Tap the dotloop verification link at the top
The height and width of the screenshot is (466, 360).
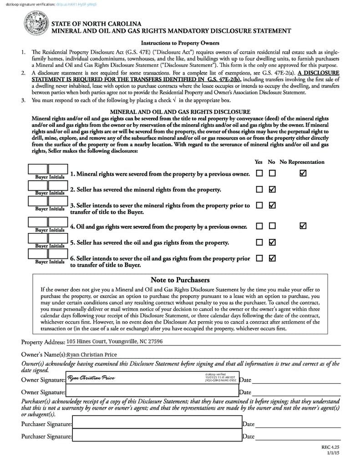(x=76, y=4)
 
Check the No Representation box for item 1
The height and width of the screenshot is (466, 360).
(x=303, y=173)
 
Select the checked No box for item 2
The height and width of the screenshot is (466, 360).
(x=272, y=189)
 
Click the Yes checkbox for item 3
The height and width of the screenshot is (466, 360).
(x=259, y=205)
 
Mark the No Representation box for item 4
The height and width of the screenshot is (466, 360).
(x=303, y=226)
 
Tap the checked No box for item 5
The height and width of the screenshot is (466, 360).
(x=272, y=242)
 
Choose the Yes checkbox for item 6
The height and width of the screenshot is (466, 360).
(x=259, y=258)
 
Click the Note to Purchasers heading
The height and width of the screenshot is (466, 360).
(x=180, y=280)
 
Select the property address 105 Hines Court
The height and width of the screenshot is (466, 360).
(x=114, y=341)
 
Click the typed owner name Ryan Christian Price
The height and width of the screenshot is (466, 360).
(x=92, y=355)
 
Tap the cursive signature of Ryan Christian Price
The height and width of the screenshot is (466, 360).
(x=91, y=378)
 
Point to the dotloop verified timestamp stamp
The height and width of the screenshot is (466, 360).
(x=220, y=378)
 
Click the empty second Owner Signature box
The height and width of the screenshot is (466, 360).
(x=152, y=391)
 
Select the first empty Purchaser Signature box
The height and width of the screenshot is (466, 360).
(x=157, y=424)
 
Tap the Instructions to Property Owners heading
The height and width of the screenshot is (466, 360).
(x=180, y=43)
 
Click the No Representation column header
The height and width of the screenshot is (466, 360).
(x=302, y=162)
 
